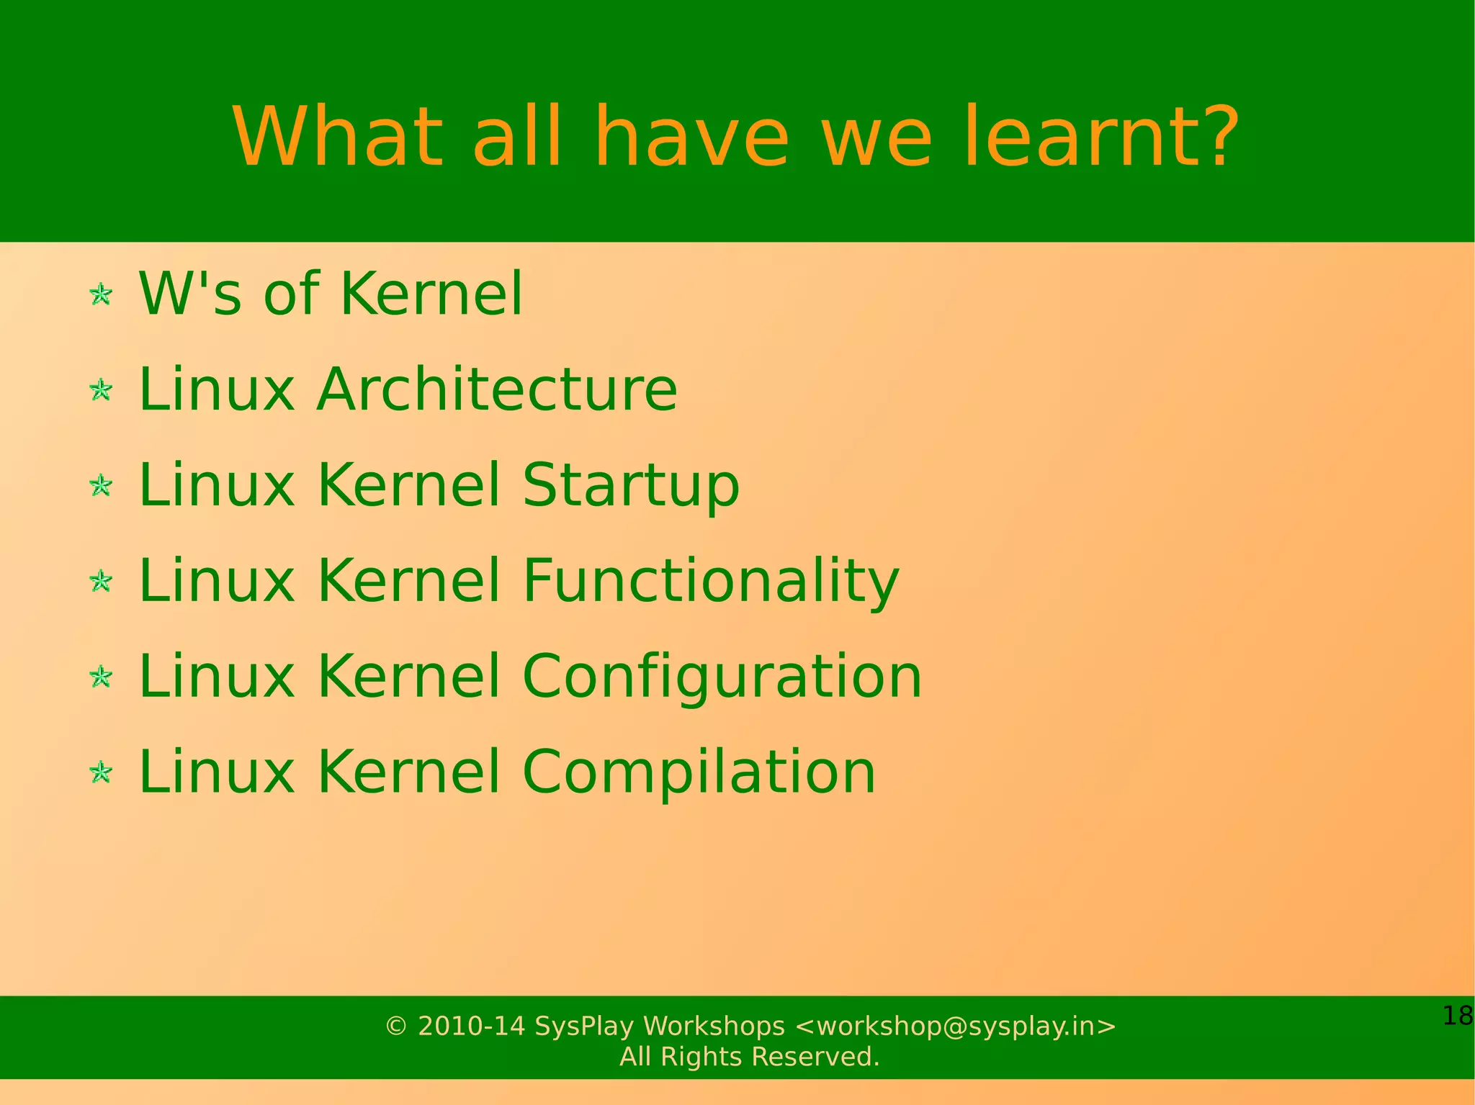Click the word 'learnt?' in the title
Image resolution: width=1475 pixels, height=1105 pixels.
point(1109,137)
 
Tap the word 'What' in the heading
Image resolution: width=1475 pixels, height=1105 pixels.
point(337,137)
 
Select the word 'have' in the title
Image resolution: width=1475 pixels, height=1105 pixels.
point(692,137)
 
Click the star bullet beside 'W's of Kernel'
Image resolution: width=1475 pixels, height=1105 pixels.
point(101,294)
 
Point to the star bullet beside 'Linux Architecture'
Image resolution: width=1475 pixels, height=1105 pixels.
point(101,390)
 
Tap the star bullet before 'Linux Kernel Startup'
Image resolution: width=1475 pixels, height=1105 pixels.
point(101,486)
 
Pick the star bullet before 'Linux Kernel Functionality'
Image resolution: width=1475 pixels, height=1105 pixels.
point(101,581)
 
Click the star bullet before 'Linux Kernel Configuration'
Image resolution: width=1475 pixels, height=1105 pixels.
point(101,677)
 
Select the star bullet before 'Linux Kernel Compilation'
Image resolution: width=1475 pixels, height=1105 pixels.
point(101,772)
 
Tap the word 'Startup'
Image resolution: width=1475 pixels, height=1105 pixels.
point(631,485)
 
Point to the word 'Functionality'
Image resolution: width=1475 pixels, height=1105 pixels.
point(711,580)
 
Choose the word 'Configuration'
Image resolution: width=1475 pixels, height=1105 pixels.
point(722,677)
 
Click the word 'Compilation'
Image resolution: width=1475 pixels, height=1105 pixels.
point(699,772)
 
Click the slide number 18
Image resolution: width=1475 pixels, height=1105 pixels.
point(1457,1016)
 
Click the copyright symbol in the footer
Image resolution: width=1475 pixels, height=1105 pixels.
point(396,1026)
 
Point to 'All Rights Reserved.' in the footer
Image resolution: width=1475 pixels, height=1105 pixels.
point(750,1057)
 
